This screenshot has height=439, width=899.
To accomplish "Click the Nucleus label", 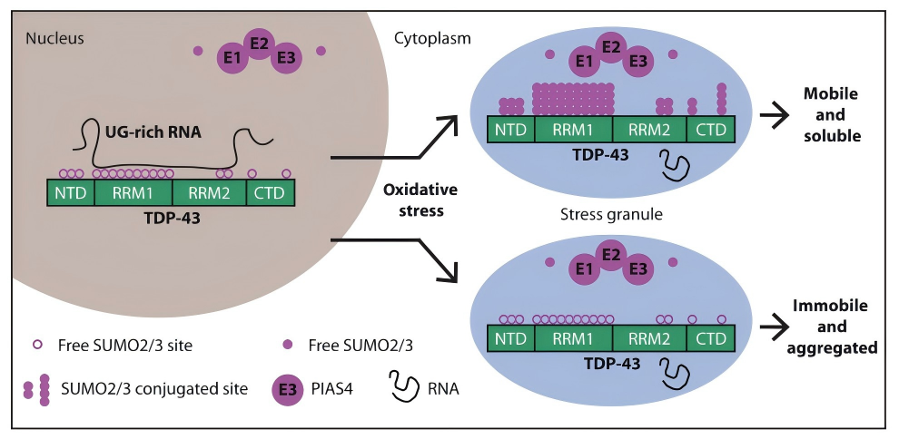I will point(54,38).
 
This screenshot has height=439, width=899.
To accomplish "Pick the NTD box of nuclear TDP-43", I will point(71,191).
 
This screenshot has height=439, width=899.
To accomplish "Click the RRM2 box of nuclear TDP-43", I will point(208,191).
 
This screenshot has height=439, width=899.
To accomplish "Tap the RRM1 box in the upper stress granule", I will point(574,129).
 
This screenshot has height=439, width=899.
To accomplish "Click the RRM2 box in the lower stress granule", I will point(649,337).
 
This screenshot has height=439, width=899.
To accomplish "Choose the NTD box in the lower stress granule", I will point(512,337).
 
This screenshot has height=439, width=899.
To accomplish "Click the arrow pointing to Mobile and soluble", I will point(775,115).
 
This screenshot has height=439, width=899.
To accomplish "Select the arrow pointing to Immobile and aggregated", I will point(775,325).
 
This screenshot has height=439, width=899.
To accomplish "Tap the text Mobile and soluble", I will point(831,115).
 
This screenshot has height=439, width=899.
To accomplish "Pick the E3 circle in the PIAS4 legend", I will point(288,390).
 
